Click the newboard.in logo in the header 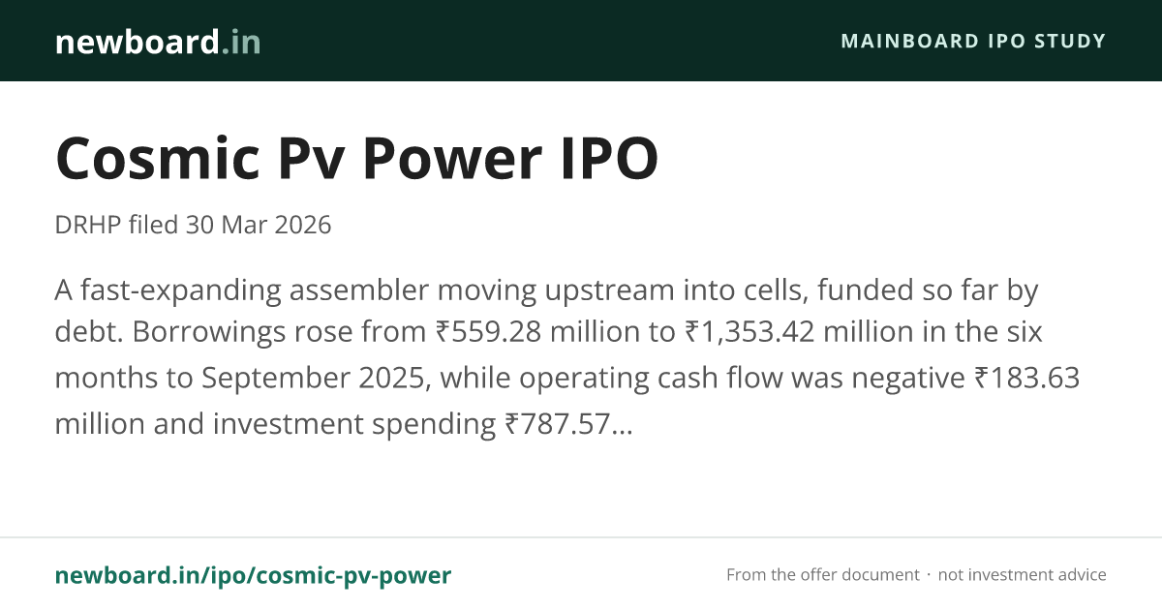click(x=158, y=42)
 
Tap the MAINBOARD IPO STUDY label click(x=973, y=41)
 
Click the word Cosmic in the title click(x=158, y=158)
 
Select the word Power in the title click(x=452, y=158)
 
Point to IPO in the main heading click(x=610, y=158)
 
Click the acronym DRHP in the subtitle click(x=88, y=225)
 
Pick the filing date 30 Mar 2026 click(x=259, y=225)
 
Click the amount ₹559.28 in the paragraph click(x=488, y=331)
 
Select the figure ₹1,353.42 click(x=749, y=331)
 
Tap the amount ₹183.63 click(x=1027, y=378)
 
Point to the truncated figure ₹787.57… click(x=569, y=424)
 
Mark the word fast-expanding click(x=181, y=290)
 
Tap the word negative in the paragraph click(x=908, y=379)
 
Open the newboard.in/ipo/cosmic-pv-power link click(x=253, y=575)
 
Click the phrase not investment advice click(x=1022, y=575)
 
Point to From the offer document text click(x=823, y=575)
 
